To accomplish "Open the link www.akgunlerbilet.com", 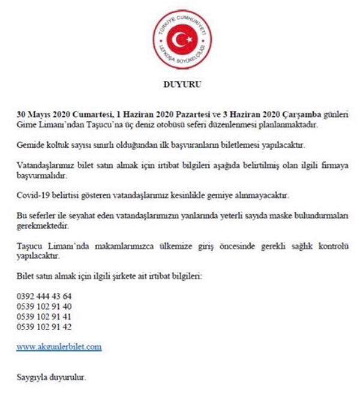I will [x=59, y=347].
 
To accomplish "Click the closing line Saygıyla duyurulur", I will [x=51, y=378].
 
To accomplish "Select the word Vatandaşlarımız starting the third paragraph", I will [x=44, y=166].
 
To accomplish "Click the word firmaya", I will [x=332, y=166].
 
